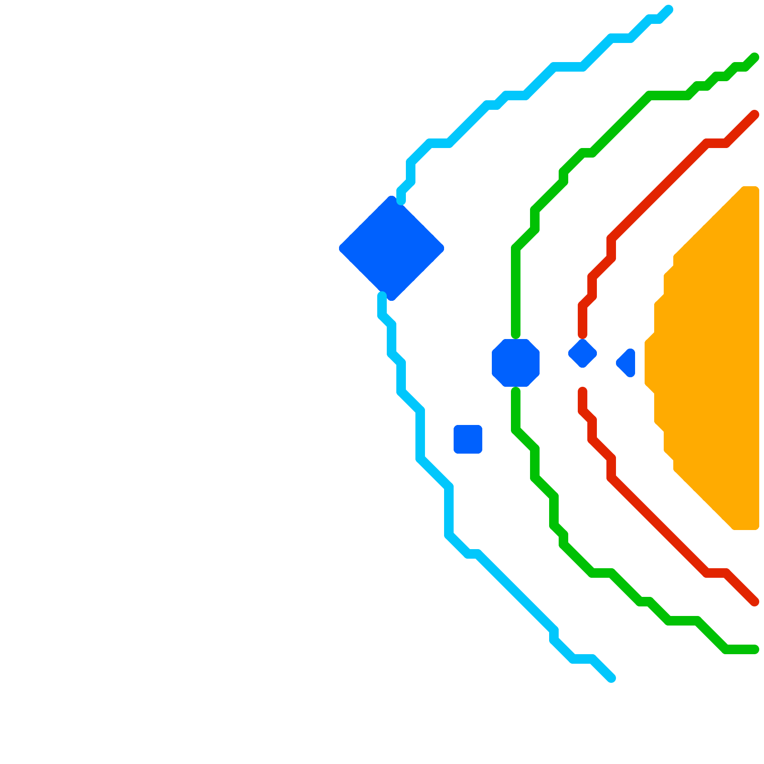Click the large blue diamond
pos(392,248)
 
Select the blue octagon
pos(516,363)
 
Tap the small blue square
pos(468,439)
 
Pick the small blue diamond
pos(583,353)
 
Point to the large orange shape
pos(711,358)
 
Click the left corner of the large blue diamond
pos(341,248)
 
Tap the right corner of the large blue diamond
pos(442,248)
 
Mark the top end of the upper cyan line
pos(668,10)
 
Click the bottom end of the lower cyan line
pos(611,678)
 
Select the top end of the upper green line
pos(754,57)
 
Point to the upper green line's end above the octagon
pos(516,334)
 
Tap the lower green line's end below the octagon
pos(516,392)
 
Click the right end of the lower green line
pos(754,649)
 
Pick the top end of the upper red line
pos(754,115)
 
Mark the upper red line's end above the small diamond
pos(583,334)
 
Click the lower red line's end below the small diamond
pos(583,392)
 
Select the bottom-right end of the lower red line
pos(754,602)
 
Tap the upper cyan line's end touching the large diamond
pos(401,201)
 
